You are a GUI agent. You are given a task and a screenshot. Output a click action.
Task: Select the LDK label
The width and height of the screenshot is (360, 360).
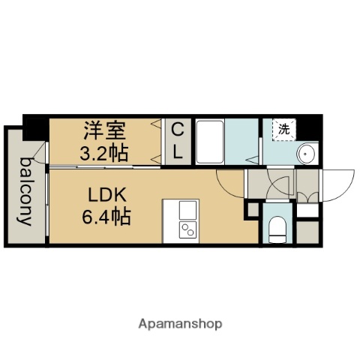tap(106, 196)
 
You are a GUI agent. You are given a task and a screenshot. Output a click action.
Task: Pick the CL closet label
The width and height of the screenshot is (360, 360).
tap(177, 141)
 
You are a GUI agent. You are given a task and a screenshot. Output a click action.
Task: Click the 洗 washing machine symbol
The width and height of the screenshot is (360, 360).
tap(283, 130)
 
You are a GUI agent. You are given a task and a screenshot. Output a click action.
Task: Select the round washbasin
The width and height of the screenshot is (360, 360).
tap(307, 154)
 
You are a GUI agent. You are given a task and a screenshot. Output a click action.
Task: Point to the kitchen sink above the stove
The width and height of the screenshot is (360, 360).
tap(187, 208)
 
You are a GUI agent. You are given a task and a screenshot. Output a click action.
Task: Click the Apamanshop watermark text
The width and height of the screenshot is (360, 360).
tap(179, 324)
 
